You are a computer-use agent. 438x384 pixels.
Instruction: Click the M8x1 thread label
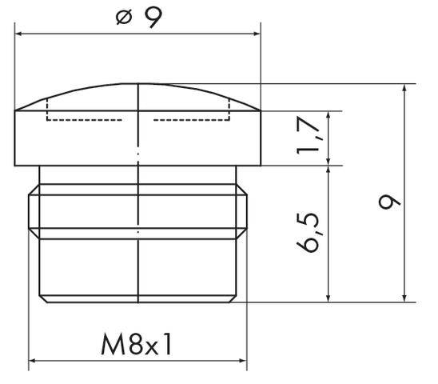(137, 345)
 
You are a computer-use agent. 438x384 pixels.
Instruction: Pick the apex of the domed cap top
(138, 84)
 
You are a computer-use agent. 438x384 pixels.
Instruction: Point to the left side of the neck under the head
(39, 175)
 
